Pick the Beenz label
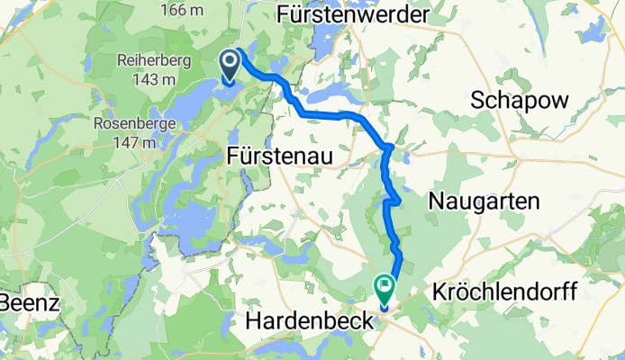[x=30, y=302]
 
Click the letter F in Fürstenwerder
[x=285, y=14]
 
